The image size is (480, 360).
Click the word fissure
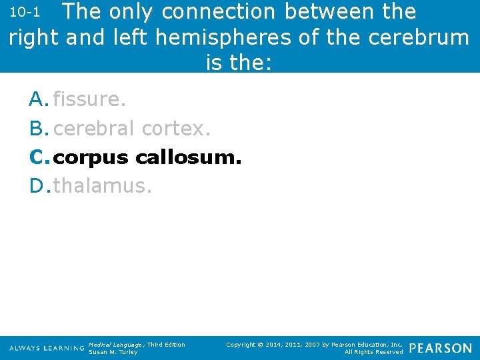tap(89, 100)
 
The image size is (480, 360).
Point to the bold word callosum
tap(188, 158)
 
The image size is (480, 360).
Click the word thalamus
tap(103, 186)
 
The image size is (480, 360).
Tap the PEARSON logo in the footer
tap(440, 348)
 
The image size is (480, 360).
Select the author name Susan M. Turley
tap(113, 352)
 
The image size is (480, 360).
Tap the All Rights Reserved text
tap(373, 352)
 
